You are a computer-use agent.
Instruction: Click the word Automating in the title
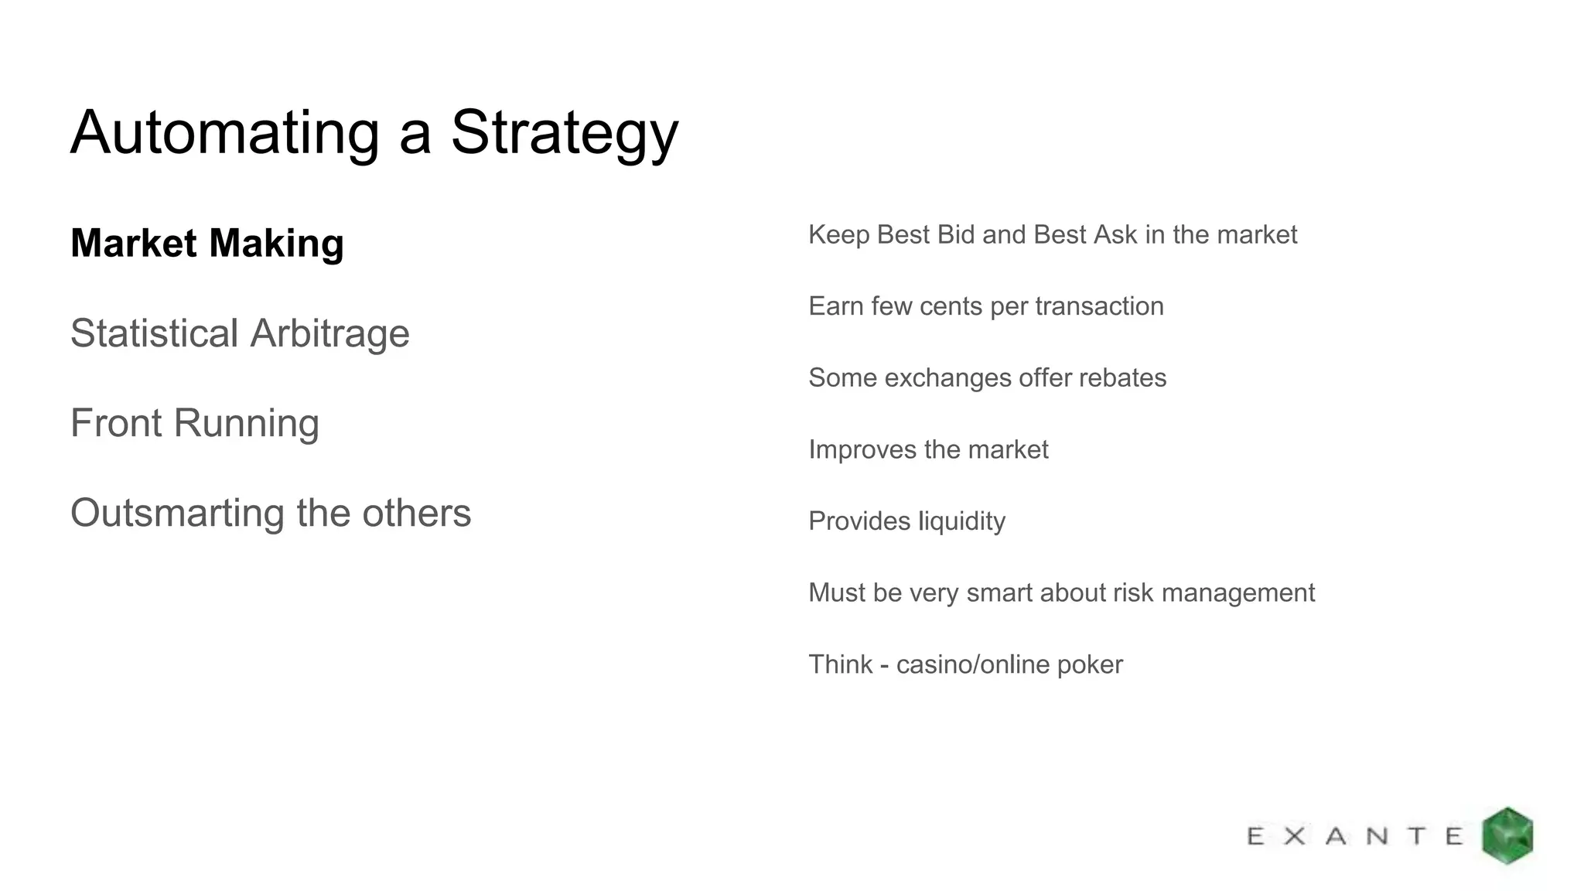[225, 133]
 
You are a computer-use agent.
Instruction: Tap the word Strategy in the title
[564, 133]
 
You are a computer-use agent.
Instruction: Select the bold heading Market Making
[207, 243]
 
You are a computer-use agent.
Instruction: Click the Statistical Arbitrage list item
[240, 333]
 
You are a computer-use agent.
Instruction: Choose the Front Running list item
[194, 423]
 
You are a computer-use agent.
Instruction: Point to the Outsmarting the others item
[271, 513]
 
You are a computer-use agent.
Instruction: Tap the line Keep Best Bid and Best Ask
[1052, 234]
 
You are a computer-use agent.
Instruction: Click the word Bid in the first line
[955, 234]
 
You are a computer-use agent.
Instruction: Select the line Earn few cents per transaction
[985, 306]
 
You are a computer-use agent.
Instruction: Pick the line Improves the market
[928, 449]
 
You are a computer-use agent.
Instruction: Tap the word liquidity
[961, 521]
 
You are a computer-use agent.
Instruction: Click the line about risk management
[1061, 592]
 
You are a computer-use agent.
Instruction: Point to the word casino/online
[970, 664]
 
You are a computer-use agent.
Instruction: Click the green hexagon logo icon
[1507, 835]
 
